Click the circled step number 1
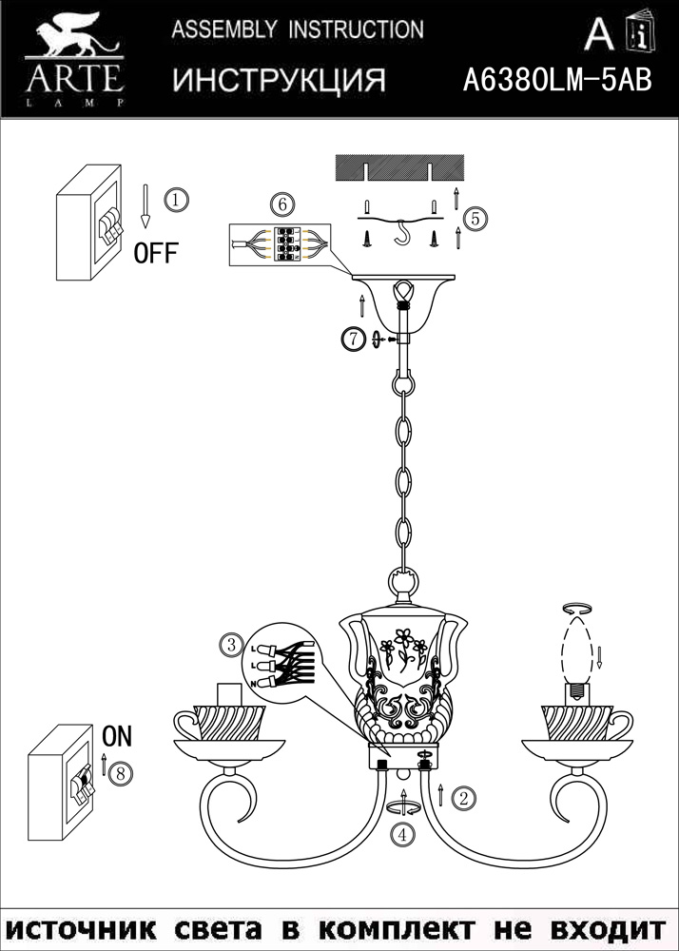click(x=176, y=200)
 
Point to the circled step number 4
click(x=404, y=836)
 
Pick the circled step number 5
click(x=477, y=218)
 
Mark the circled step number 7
click(x=353, y=338)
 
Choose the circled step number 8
click(x=118, y=772)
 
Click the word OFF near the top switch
click(x=156, y=253)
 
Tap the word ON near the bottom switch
click(x=116, y=736)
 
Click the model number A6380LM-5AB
click(x=556, y=81)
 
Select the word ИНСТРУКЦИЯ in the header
click(x=279, y=81)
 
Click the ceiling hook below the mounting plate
click(x=404, y=233)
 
